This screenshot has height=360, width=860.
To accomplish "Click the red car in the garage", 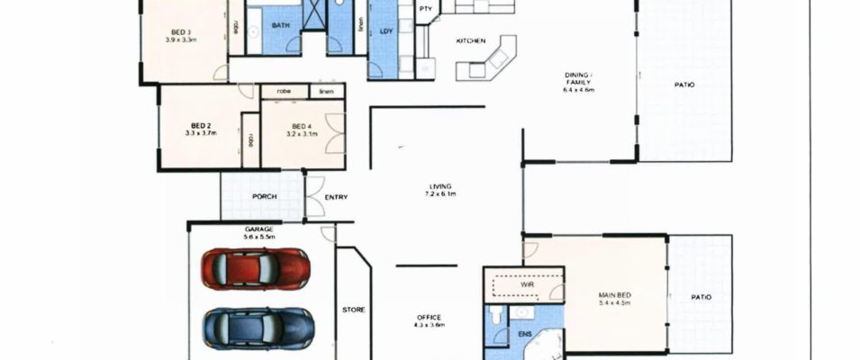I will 256,267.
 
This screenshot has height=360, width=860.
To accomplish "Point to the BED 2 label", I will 200,125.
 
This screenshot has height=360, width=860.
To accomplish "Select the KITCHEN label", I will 471,41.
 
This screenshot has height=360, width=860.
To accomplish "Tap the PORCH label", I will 264,196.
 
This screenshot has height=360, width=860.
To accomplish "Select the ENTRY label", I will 335,197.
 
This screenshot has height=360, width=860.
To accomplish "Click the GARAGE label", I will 259,230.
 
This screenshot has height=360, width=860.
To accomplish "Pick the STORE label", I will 353,310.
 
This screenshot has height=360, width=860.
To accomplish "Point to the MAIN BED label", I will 615,293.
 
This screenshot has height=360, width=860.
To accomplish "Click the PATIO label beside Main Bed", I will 700,296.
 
